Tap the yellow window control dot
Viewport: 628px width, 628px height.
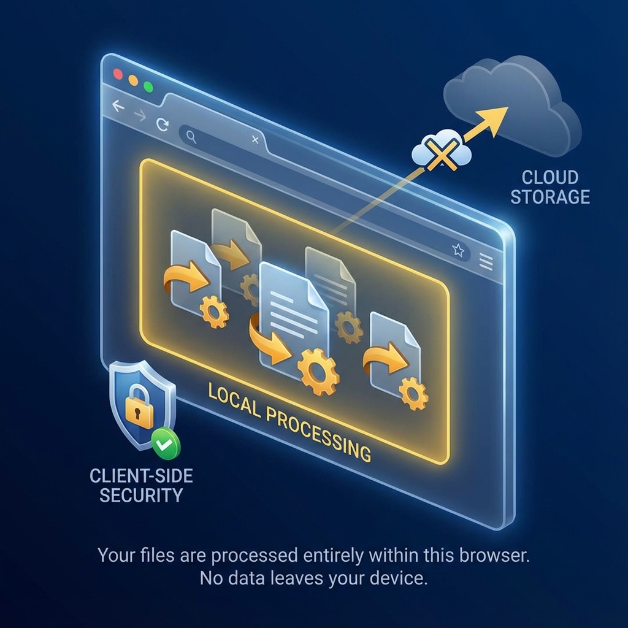point(133,80)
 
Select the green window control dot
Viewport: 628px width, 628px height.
point(148,86)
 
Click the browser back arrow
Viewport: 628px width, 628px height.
point(118,107)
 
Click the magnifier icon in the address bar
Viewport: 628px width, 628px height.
point(191,138)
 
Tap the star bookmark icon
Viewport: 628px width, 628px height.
point(458,250)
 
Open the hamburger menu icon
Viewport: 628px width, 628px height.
point(485,262)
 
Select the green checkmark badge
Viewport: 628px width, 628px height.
point(164,445)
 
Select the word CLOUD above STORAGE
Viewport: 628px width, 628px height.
point(550,178)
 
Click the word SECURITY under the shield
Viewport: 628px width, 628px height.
point(141,494)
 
